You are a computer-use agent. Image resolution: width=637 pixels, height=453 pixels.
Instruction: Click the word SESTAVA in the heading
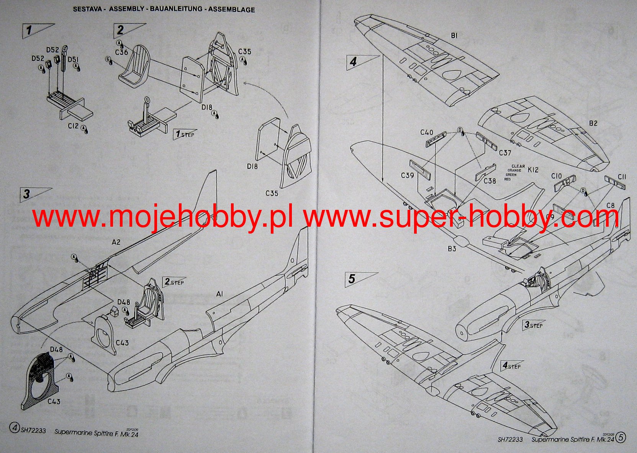tap(87, 9)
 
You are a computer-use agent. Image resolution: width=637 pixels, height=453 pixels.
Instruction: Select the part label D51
tap(73, 60)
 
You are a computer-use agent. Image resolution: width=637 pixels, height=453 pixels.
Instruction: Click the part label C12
tap(73, 126)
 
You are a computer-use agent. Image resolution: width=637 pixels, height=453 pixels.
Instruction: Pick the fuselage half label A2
tap(116, 242)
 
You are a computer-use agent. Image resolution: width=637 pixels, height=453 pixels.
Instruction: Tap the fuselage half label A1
tap(219, 294)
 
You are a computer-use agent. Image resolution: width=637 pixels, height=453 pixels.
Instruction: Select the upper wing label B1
tap(454, 36)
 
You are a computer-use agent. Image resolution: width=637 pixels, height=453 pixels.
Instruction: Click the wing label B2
tap(593, 123)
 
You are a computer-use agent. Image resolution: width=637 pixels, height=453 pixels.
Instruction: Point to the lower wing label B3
tap(452, 249)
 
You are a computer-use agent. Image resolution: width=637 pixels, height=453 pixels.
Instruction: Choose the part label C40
tap(427, 132)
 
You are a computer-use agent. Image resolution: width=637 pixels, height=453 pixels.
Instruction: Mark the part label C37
tap(505, 153)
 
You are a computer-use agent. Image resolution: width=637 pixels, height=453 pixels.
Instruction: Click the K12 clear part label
tap(533, 169)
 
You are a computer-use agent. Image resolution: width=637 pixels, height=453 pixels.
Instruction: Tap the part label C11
tap(622, 177)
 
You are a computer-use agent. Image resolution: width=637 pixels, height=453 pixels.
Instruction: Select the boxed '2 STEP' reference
tap(174, 282)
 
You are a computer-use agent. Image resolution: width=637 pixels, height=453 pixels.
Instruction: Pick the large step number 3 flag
tap(27, 194)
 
